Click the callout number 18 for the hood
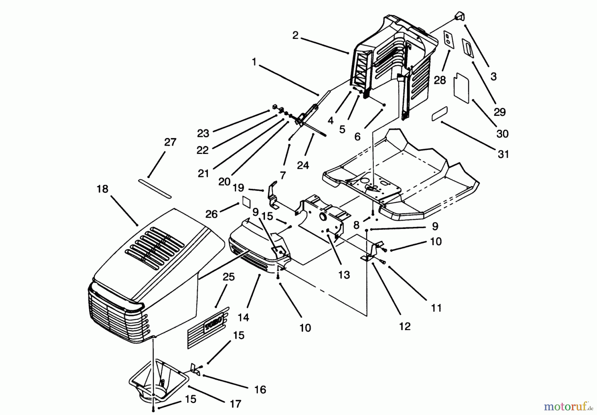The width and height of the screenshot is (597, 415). [x=102, y=189]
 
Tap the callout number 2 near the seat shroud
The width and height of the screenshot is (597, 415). [x=296, y=35]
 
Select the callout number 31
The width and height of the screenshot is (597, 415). [x=503, y=154]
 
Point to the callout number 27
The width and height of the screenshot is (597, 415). [x=170, y=142]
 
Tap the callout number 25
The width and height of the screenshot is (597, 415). [x=229, y=277]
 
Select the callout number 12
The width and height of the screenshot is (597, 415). [x=405, y=326]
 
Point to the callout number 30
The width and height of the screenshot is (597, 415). [x=502, y=134]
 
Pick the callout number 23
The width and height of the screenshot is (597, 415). [x=203, y=133]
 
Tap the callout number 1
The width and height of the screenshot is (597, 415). [x=254, y=62]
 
